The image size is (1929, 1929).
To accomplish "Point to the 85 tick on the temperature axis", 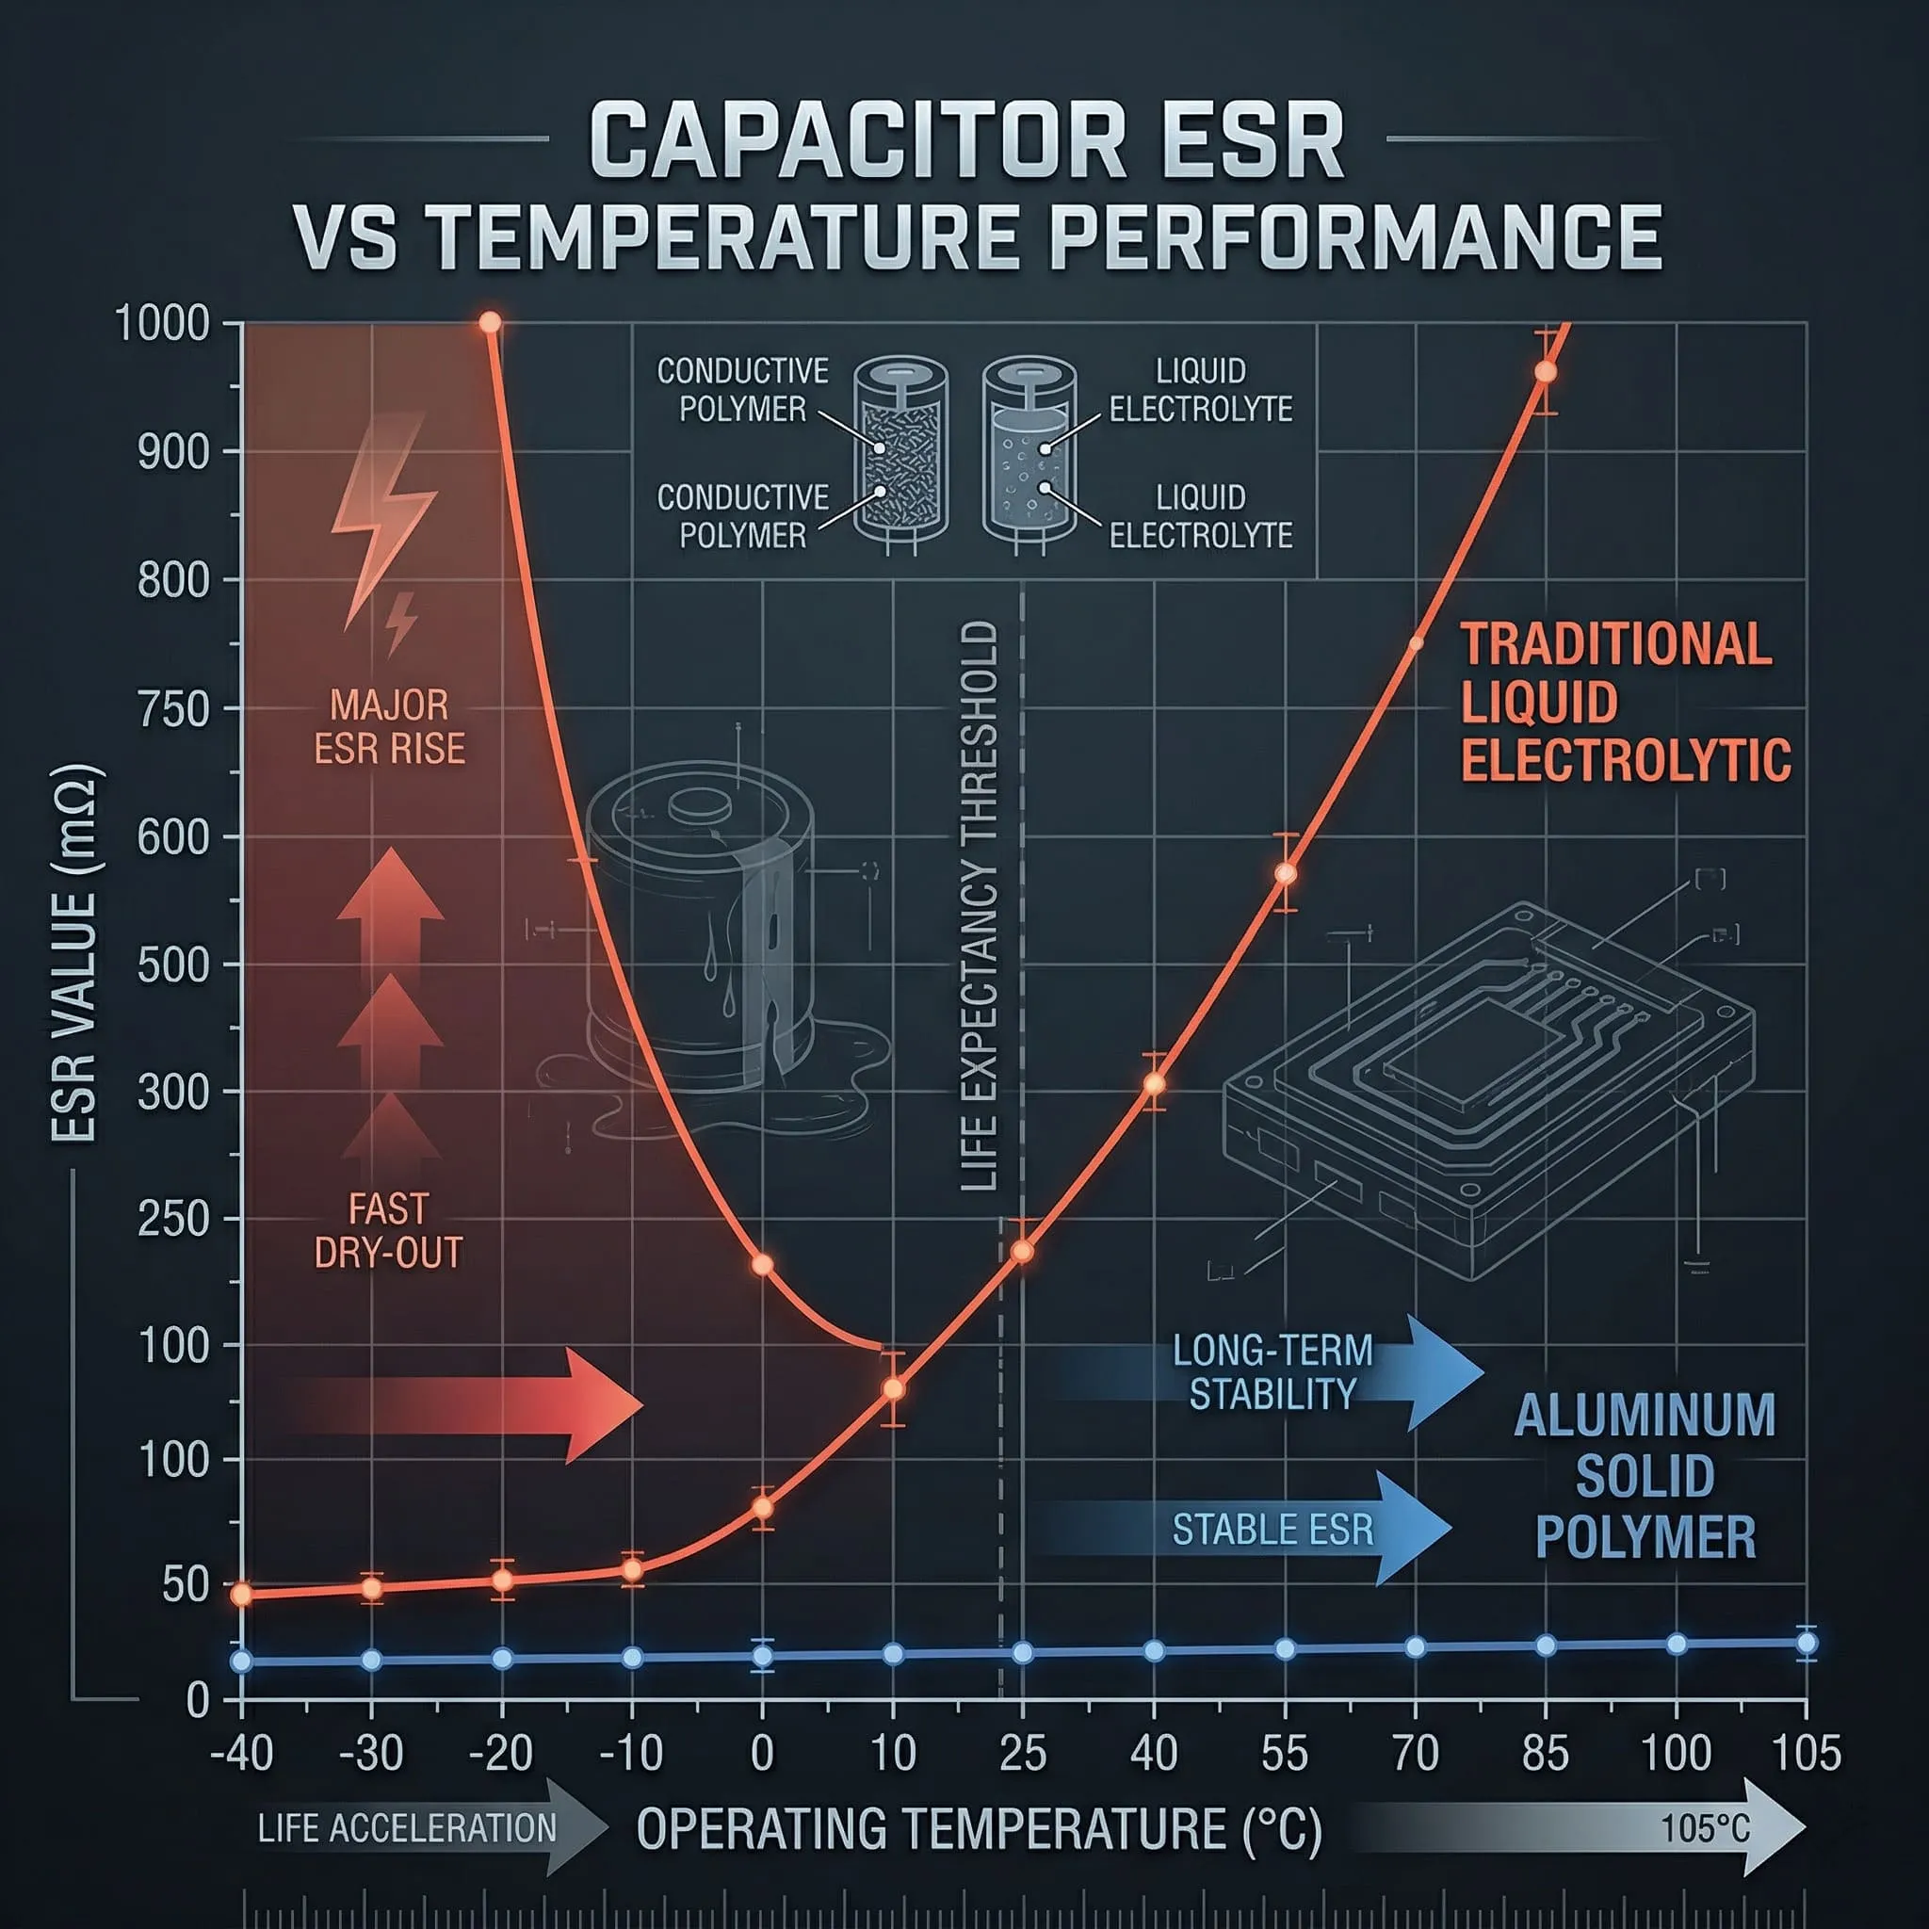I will coord(1545,1753).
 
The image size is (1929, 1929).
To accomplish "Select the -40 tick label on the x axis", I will coord(242,1753).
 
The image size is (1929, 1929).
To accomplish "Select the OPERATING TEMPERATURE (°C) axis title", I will coord(979,1829).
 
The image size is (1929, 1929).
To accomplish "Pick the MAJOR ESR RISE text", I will coord(389,727).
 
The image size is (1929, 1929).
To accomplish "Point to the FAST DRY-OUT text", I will coord(388,1230).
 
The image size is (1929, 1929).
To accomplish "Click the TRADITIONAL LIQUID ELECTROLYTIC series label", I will coord(1624,702).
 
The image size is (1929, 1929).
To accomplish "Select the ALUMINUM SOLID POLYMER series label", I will coord(1645,1476).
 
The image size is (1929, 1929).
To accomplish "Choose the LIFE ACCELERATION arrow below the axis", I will coord(430,1828).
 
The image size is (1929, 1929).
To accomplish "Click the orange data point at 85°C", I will coord(1545,371).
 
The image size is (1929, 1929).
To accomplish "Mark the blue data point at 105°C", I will coord(1806,1643).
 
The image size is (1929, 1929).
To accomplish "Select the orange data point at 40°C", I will coord(1153,1083).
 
